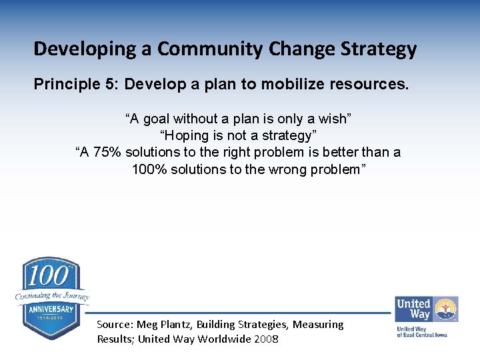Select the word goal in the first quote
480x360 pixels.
156,119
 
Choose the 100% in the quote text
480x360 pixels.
149,169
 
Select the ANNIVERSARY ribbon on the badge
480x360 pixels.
51,310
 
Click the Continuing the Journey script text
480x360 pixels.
52,295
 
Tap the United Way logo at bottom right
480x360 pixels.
426,316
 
